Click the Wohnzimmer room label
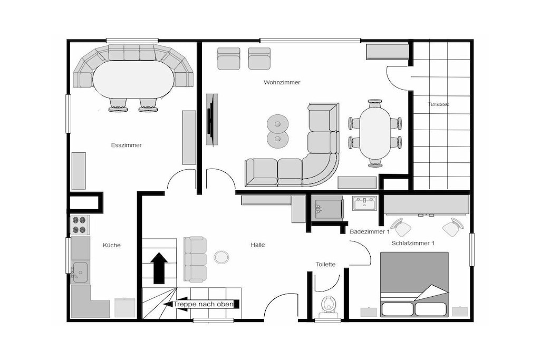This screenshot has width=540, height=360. pos(282,82)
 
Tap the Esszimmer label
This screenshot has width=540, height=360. pos(126,145)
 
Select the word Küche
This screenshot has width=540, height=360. pos(112,245)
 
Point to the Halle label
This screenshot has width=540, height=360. pos(257,245)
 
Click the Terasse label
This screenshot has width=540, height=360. pos(438,104)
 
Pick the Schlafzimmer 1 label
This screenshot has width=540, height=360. pos(412,244)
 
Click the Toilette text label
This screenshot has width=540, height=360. pos(325,264)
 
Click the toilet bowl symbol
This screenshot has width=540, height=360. pos(328,306)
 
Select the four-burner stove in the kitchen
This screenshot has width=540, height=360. pos(80,225)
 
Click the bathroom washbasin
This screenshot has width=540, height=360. pos(365,203)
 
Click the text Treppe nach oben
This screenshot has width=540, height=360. pos(203,304)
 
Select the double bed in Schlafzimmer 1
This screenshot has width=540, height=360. pos(414,284)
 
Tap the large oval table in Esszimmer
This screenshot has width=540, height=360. pos(133,80)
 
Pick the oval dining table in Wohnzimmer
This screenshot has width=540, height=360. pos(375,132)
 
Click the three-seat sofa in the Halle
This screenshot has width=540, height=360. pos(195,259)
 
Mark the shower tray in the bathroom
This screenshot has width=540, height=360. pos(327,209)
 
